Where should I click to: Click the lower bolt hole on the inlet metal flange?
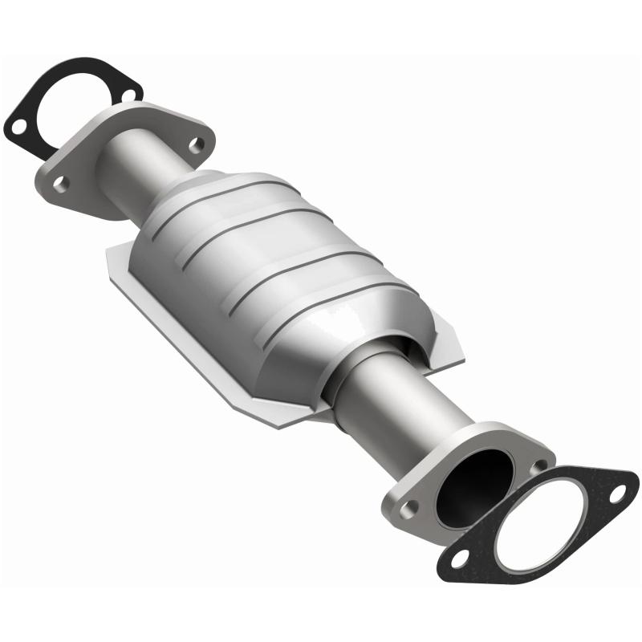point(61,183)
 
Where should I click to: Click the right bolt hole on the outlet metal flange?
point(539,465)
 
